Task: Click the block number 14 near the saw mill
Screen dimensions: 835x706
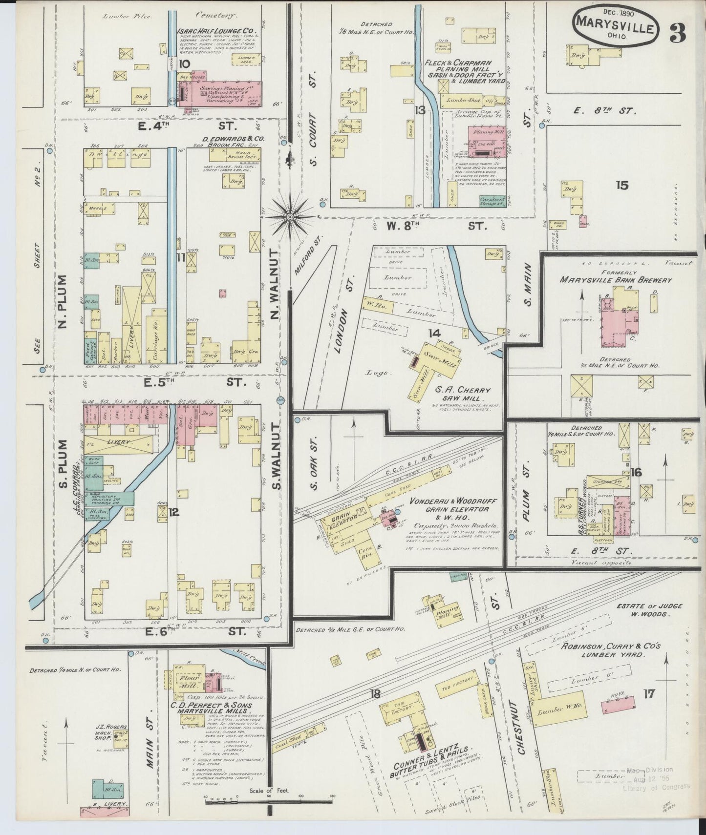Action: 434,334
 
